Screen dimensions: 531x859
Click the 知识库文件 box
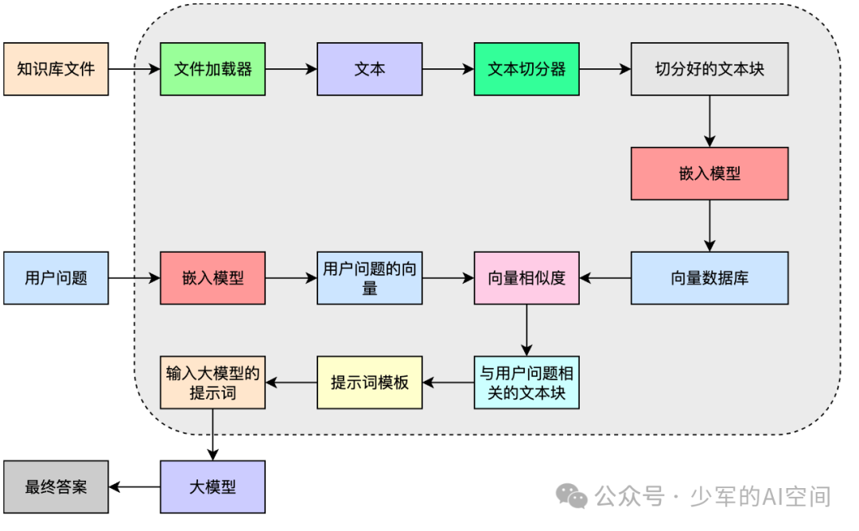(x=56, y=69)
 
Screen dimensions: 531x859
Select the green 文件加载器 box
(x=212, y=69)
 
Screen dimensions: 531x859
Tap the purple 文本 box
(x=369, y=69)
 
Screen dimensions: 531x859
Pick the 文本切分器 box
(x=527, y=69)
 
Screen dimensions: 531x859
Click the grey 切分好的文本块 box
(x=709, y=69)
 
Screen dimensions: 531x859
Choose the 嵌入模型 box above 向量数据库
(x=709, y=173)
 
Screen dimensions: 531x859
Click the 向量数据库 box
(x=709, y=278)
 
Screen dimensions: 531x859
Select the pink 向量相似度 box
(x=527, y=278)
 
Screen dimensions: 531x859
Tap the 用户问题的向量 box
(x=369, y=278)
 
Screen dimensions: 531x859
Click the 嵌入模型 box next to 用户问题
(x=212, y=278)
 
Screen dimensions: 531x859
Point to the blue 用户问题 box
(x=56, y=278)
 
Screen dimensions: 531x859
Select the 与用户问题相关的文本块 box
(x=527, y=382)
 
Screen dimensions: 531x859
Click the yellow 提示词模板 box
(x=369, y=382)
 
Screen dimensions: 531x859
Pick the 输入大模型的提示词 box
(x=212, y=382)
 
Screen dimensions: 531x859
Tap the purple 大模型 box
(x=212, y=486)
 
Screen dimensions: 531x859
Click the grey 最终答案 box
(x=56, y=486)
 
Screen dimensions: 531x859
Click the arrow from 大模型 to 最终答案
(x=134, y=486)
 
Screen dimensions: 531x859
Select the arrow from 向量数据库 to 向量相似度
(x=605, y=278)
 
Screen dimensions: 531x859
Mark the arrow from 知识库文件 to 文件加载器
(x=134, y=69)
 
